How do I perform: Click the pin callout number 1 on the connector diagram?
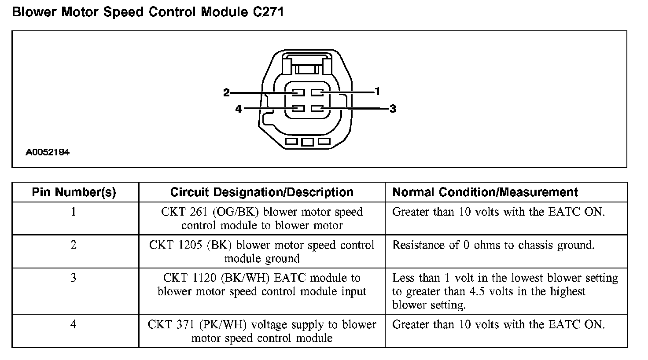[377, 91]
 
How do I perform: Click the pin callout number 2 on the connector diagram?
[226, 92]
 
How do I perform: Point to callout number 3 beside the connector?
[393, 108]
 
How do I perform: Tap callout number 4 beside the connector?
[239, 108]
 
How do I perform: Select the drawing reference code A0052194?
[48, 153]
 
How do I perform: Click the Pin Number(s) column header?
[74, 192]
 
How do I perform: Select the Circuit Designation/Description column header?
[261, 192]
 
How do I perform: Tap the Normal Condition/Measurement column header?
[485, 192]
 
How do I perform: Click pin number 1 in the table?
[74, 212]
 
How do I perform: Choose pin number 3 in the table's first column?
[74, 278]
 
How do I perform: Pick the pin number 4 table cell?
[74, 324]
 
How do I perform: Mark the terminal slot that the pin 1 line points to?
[317, 92]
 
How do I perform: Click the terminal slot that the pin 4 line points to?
[298, 108]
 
